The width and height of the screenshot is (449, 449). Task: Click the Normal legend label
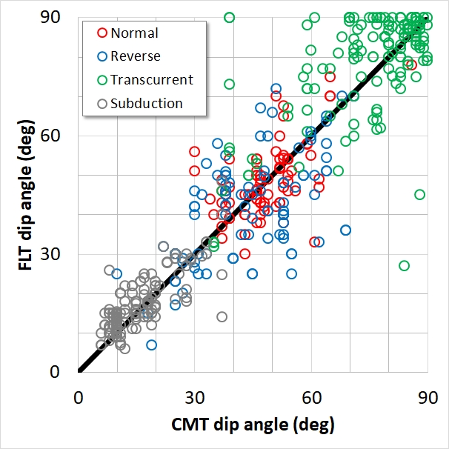(x=134, y=33)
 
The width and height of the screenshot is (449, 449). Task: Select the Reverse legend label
(x=135, y=56)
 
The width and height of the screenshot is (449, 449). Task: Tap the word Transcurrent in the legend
(x=151, y=79)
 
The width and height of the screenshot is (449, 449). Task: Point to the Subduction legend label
(x=146, y=103)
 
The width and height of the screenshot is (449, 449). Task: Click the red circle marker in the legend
(x=102, y=33)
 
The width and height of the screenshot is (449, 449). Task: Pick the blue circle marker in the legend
(x=102, y=56)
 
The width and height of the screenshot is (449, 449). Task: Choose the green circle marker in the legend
(x=102, y=79)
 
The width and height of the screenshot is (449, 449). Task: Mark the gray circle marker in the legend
(x=102, y=103)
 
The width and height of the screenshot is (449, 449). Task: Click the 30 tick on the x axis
(x=194, y=396)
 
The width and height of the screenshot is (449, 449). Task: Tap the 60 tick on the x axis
(x=310, y=396)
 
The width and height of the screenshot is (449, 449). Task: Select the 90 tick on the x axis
(x=428, y=396)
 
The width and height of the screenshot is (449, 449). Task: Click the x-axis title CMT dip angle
(x=252, y=426)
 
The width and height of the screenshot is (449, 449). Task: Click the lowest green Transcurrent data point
(x=404, y=265)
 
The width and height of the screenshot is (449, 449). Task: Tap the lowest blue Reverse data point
(x=151, y=345)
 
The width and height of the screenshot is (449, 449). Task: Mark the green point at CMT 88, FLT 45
(x=419, y=194)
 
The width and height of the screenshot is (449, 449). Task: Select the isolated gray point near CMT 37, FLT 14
(x=222, y=316)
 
